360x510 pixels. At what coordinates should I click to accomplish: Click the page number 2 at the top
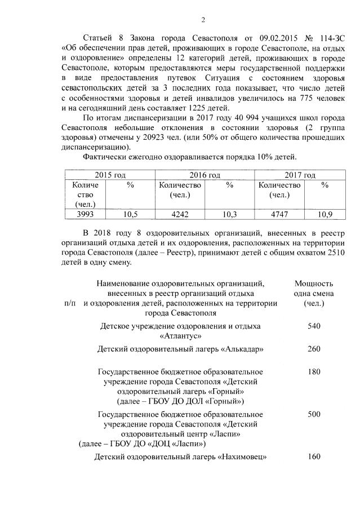(x=203, y=21)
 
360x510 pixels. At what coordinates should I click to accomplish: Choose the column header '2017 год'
(x=299, y=176)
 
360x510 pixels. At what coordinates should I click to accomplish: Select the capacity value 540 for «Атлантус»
(x=314, y=326)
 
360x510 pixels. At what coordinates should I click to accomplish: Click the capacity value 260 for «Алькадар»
(x=314, y=349)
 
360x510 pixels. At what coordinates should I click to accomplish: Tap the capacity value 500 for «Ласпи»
(x=314, y=414)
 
